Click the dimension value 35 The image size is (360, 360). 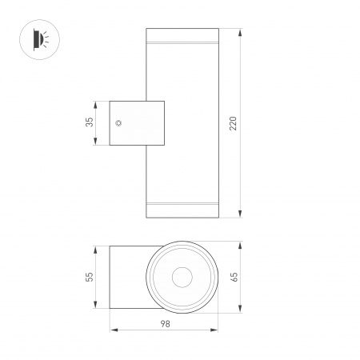tap(90, 122)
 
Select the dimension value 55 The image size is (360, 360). tap(90, 277)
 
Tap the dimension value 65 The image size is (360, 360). tap(234, 277)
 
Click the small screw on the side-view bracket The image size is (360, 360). tap(119, 123)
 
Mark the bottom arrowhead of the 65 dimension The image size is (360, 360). tap(242, 308)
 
